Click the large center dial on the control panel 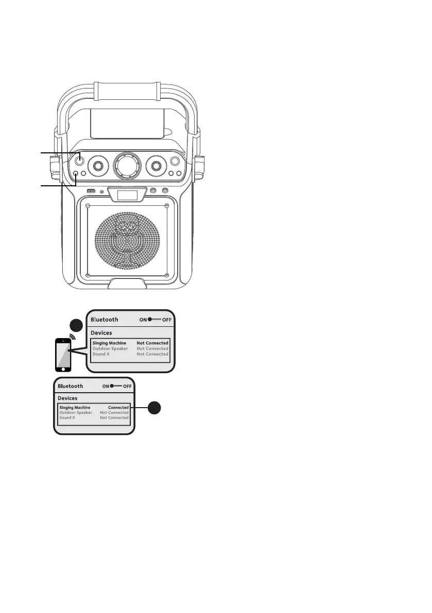click(x=127, y=165)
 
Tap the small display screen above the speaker click(x=128, y=196)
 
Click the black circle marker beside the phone click(x=76, y=326)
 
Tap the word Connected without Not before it click(x=118, y=407)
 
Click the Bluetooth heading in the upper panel click(x=104, y=320)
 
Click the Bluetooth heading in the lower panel click(x=71, y=385)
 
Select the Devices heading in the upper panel click(x=101, y=333)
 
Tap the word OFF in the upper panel click(x=167, y=320)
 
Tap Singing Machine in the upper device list click(x=109, y=343)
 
